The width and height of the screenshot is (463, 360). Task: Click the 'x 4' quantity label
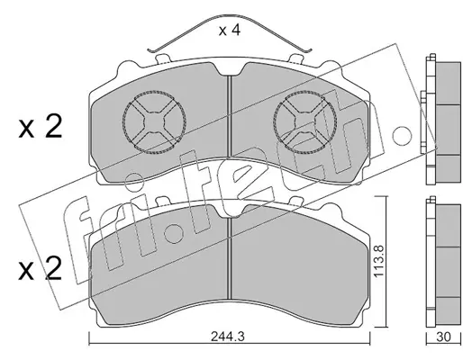click(230, 31)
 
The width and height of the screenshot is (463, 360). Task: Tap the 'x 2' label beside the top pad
click(41, 127)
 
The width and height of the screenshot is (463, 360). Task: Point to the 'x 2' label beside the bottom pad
click(41, 268)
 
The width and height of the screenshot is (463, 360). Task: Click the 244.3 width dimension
click(228, 337)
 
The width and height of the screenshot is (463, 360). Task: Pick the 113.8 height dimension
click(379, 261)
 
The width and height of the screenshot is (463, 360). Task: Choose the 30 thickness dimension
click(443, 337)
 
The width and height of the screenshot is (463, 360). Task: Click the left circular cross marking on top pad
click(154, 122)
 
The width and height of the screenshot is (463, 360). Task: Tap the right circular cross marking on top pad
click(305, 122)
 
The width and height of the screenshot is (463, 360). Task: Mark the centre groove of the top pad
click(230, 116)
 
